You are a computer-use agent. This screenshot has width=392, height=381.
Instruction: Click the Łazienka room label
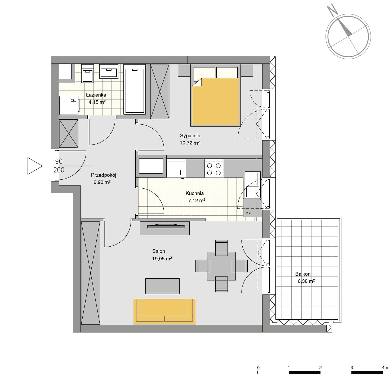tap(96, 95)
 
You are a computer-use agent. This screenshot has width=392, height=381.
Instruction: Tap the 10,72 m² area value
tap(190, 143)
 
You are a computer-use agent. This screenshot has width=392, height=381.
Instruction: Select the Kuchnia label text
tap(195, 193)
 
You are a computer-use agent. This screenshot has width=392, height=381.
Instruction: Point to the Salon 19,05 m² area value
tap(162, 258)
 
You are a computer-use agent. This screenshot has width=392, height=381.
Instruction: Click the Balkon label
tap(303, 274)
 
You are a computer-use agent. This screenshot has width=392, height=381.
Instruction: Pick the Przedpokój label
tap(104, 175)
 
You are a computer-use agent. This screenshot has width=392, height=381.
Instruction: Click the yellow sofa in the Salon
tap(164, 311)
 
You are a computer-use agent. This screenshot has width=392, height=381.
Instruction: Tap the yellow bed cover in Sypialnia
tap(216, 102)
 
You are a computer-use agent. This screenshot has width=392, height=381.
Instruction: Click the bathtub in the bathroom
tap(135, 89)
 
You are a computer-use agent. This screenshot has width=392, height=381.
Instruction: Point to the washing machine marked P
tap(69, 105)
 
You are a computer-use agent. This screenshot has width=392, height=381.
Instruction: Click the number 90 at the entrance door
tap(59, 161)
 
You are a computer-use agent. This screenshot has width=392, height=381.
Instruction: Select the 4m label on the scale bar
tap(385, 368)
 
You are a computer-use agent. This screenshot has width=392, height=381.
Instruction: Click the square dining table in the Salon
tap(221, 266)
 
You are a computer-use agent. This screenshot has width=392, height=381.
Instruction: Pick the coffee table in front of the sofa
tap(162, 286)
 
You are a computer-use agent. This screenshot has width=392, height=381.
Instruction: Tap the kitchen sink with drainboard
tap(253, 185)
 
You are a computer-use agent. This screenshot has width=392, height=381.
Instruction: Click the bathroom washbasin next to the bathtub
tap(109, 71)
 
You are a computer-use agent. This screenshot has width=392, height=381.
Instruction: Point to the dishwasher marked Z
tap(253, 208)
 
